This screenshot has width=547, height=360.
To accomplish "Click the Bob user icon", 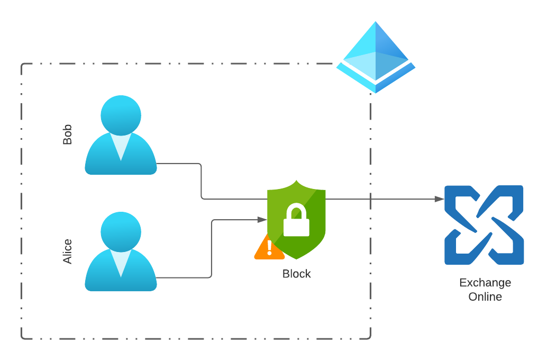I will [121, 138].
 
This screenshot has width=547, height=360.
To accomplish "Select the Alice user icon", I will [121, 254].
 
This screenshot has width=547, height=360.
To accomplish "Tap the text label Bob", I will [67, 134].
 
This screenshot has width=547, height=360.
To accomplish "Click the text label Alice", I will [67, 251].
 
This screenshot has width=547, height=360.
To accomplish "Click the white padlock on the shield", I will [296, 221].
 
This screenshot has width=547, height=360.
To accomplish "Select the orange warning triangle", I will [269, 248].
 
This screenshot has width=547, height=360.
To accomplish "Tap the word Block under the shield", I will [296, 274].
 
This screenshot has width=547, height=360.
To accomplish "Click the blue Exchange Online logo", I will [484, 224].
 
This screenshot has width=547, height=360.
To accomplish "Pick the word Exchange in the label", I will [485, 283].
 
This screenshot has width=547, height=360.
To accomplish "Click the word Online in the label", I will [485, 296].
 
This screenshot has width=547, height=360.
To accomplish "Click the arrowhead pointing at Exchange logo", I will [439, 199].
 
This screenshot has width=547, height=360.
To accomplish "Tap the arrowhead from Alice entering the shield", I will [262, 220].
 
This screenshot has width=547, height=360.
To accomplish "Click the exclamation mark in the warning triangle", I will [269, 248].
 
